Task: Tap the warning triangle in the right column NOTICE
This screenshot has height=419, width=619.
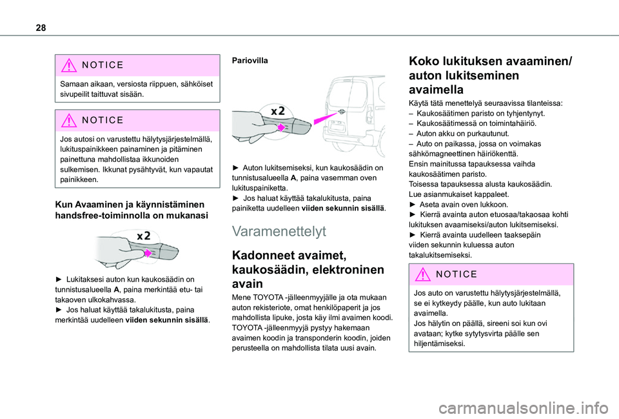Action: (425, 274)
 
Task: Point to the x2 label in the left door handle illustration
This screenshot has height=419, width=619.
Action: (144, 236)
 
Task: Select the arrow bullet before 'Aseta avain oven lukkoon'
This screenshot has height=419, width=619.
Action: (413, 204)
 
